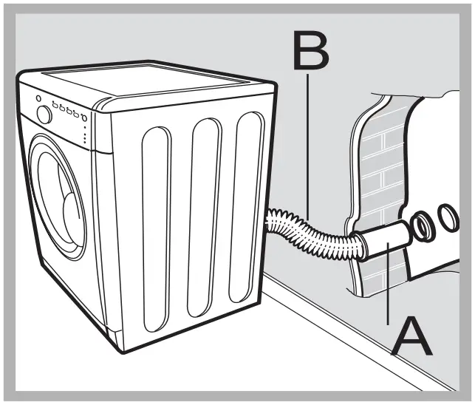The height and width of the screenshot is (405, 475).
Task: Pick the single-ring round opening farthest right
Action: pos(449,216)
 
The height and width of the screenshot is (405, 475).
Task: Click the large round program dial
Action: pos(44,115)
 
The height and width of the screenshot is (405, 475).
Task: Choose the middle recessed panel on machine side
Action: pos(205,211)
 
